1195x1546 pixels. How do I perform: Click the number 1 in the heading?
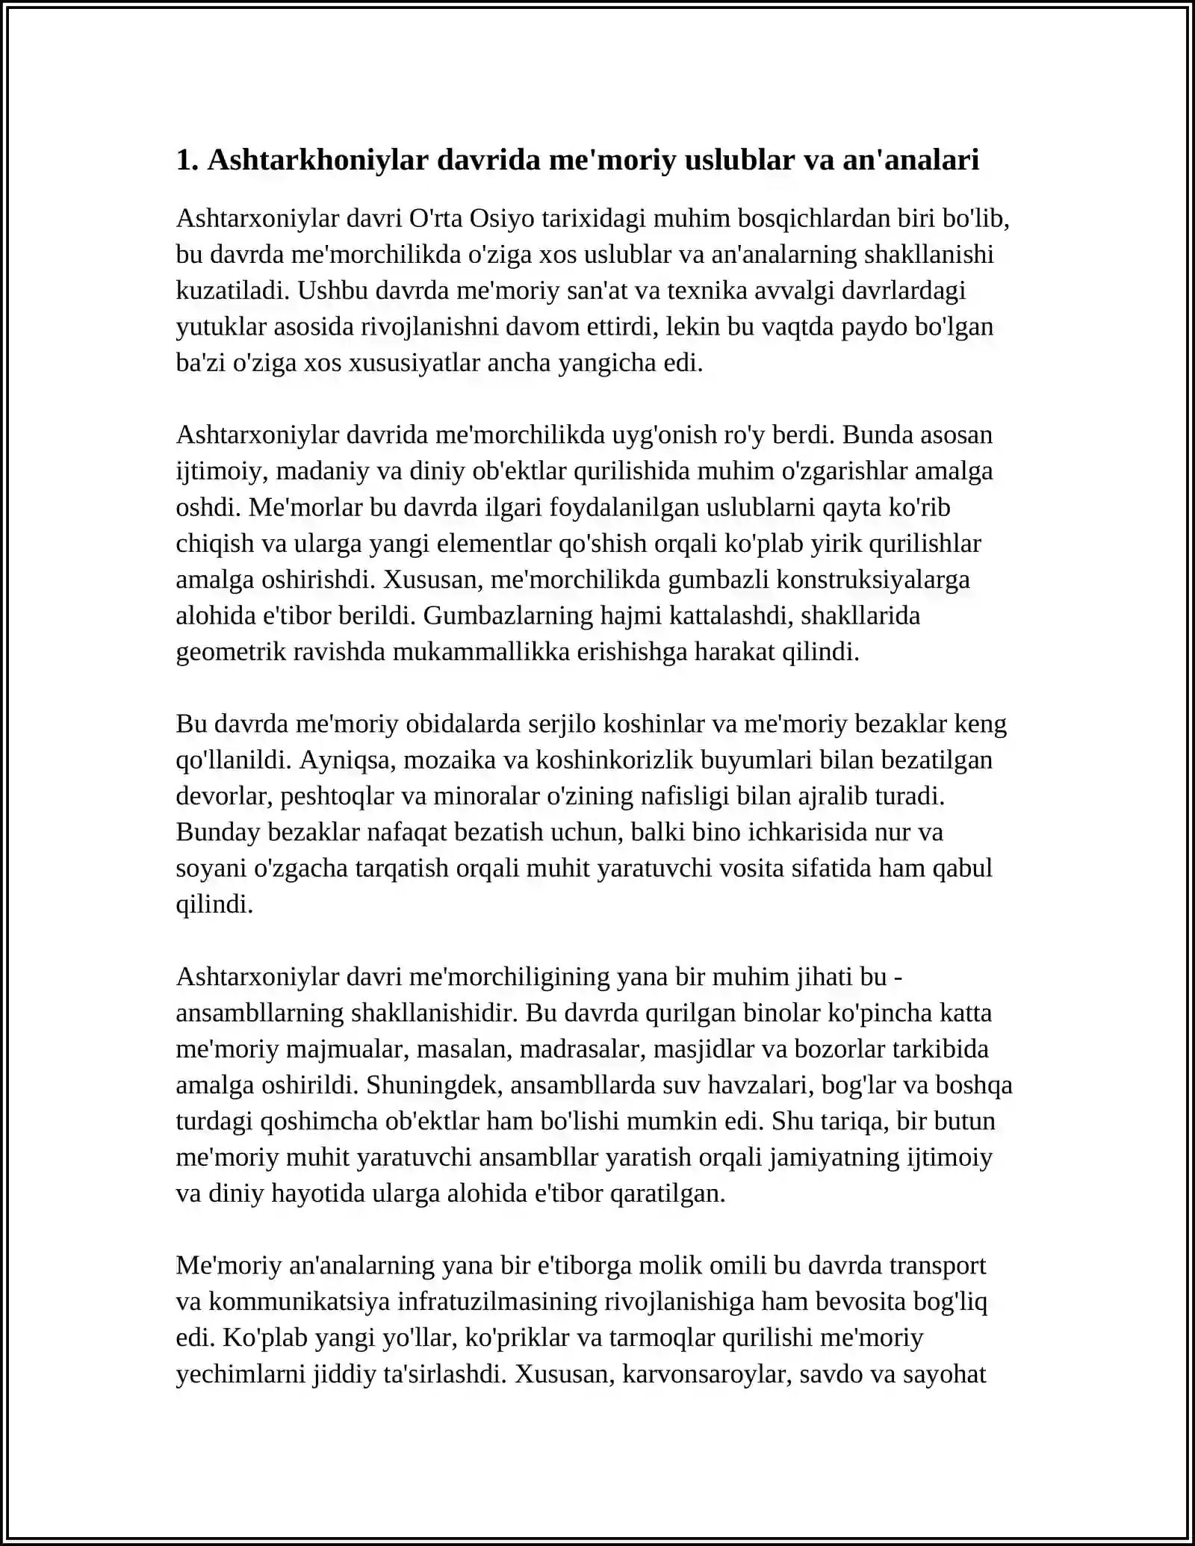[184, 160]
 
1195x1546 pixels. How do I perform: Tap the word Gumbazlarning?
[508, 615]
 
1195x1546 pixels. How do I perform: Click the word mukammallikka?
[481, 652]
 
